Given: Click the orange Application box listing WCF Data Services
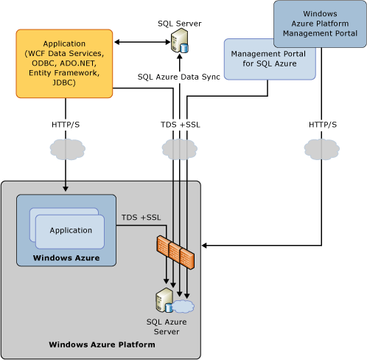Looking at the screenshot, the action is click(64, 63).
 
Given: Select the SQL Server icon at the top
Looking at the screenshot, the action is click(180, 40).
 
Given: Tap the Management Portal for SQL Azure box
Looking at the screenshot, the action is click(270, 59).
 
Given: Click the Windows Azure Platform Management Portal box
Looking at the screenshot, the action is click(320, 24).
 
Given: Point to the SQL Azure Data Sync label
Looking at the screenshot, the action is click(178, 77).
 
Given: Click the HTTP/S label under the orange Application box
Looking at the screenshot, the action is click(66, 125).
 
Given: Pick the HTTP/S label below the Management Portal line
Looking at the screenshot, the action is click(323, 125).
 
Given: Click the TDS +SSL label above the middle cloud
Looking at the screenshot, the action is click(181, 125).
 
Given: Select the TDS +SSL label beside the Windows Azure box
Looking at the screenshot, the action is click(141, 218).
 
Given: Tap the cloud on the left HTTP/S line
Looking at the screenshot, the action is click(68, 149).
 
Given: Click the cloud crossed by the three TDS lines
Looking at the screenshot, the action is click(180, 149).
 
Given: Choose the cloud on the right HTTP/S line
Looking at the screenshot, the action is click(322, 149).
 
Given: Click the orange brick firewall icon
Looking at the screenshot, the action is click(175, 252).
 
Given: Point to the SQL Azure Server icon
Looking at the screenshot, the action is click(175, 300).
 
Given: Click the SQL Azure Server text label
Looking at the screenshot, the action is click(167, 327).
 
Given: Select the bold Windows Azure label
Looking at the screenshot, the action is click(66, 257).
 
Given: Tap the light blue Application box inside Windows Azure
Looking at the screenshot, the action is click(70, 232).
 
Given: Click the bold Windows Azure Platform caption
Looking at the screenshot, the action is click(102, 345).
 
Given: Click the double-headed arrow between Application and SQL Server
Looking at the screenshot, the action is click(142, 42).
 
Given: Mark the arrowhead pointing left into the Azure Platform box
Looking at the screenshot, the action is click(204, 246).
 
